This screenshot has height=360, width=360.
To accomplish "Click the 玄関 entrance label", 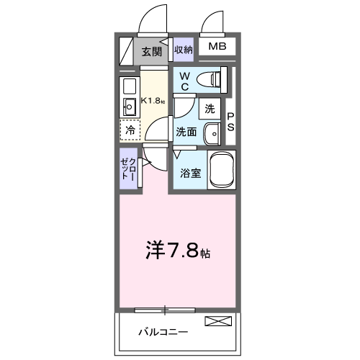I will pyautogui.click(x=151, y=51).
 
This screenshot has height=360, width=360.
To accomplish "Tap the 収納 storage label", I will pyautogui.click(x=184, y=50).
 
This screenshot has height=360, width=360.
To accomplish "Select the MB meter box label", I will pyautogui.click(x=217, y=48).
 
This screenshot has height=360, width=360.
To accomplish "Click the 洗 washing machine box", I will pyautogui.click(x=210, y=109).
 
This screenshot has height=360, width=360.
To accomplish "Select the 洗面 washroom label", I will pyautogui.click(x=186, y=132).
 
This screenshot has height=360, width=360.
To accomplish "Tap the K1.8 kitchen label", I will pyautogui.click(x=153, y=100).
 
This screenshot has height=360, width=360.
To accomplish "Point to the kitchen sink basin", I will pyautogui.click(x=130, y=108).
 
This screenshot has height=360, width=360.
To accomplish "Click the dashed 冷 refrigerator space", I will pyautogui.click(x=130, y=131).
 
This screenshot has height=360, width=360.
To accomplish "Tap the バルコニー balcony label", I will pyautogui.click(x=163, y=332).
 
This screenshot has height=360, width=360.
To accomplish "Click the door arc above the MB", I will pyautogui.click(x=215, y=22).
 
